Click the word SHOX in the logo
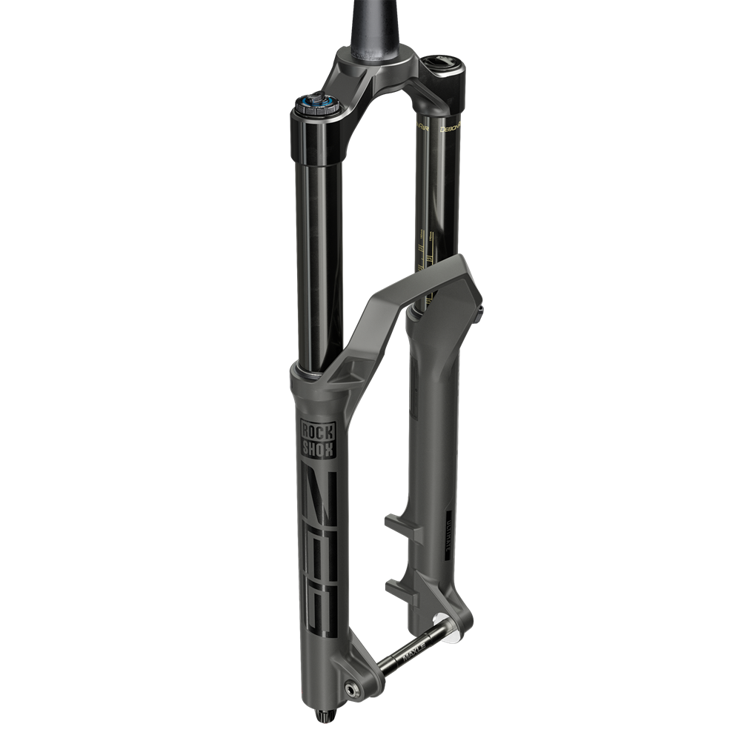coord(317,447)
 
